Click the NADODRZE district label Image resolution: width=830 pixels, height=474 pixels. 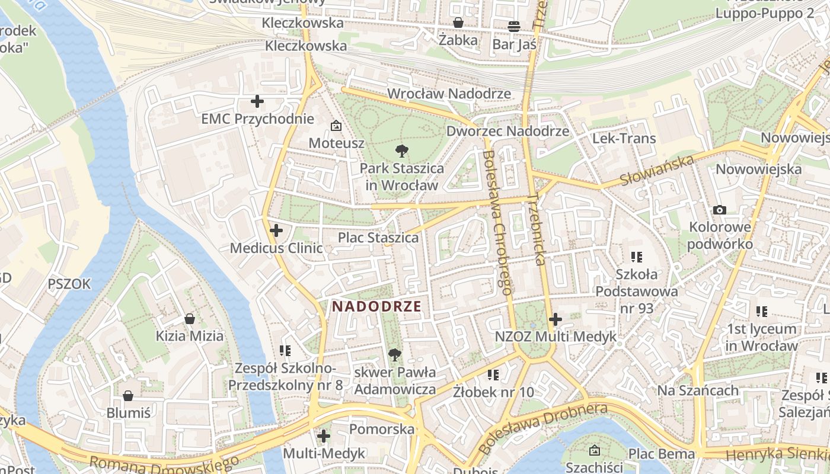click(x=377, y=306)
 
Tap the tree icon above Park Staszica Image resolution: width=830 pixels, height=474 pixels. click(x=401, y=150)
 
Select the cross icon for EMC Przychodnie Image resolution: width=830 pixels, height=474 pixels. click(x=257, y=101)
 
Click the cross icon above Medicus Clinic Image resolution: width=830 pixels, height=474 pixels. click(x=276, y=230)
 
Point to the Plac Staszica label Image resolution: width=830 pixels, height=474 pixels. click(x=378, y=238)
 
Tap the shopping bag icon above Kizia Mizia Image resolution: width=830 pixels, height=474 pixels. click(x=190, y=319)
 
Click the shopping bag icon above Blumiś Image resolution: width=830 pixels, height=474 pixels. click(x=128, y=396)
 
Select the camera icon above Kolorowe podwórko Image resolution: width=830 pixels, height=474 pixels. click(x=720, y=210)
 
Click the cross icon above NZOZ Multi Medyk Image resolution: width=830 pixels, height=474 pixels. click(x=555, y=320)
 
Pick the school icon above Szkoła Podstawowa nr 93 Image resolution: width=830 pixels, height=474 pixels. click(x=637, y=257)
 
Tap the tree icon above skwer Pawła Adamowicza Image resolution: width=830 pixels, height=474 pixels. click(x=394, y=355)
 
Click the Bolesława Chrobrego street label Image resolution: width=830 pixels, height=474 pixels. click(x=497, y=222)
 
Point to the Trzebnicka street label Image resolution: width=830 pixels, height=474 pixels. click(x=536, y=229)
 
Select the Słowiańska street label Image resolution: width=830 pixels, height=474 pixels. click(x=657, y=171)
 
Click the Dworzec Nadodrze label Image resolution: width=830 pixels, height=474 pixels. click(x=507, y=131)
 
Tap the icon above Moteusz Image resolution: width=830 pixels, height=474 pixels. click(x=336, y=126)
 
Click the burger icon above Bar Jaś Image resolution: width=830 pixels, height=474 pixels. click(x=514, y=27)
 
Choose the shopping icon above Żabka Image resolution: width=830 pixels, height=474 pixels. click(x=458, y=23)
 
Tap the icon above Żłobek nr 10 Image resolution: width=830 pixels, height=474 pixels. click(x=493, y=374)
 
